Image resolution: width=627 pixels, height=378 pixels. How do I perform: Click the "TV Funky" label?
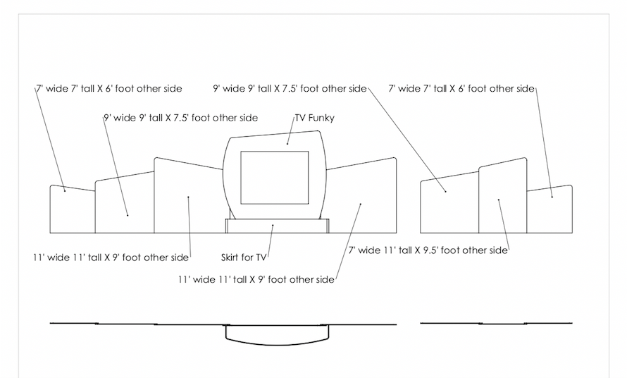tap(314, 118)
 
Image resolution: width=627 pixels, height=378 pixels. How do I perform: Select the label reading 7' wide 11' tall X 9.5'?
tap(428, 250)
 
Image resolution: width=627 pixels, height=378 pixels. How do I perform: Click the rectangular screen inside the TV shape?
tap(275, 177)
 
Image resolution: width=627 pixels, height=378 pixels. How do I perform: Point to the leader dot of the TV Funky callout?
tap(287, 143)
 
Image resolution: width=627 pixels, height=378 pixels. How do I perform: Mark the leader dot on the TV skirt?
tap(273, 226)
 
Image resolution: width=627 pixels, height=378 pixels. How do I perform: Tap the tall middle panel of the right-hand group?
tap(502, 197)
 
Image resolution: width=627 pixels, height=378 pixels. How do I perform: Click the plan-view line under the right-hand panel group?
tap(496, 324)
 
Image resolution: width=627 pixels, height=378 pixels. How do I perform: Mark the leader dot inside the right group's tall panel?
tap(499, 200)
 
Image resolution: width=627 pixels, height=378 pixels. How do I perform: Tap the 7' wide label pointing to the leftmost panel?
tap(109, 89)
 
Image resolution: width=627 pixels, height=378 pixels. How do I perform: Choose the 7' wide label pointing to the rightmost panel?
tap(462, 89)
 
